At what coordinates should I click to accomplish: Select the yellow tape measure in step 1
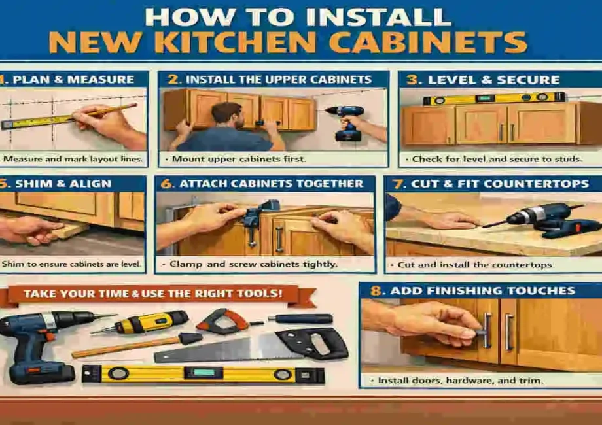click(x=39, y=120)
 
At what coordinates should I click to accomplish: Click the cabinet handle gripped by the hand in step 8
click(x=487, y=330)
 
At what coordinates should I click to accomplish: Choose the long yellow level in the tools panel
click(x=203, y=374)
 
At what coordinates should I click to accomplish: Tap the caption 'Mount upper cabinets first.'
click(x=222, y=159)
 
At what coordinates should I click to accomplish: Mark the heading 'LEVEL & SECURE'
click(x=493, y=80)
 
